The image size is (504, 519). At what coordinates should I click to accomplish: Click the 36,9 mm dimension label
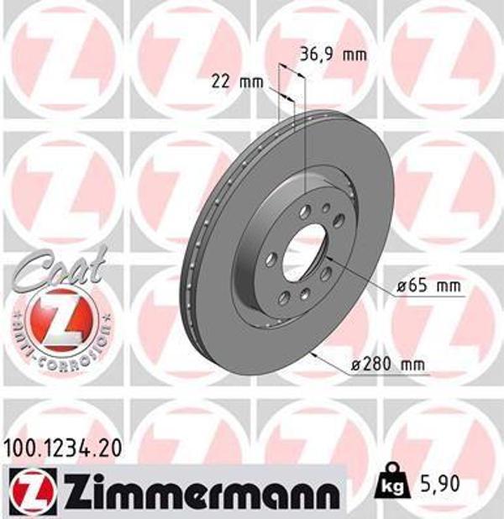tap(333, 55)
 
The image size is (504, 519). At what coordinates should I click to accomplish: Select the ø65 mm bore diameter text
tap(429, 286)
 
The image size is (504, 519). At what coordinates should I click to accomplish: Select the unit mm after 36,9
tap(355, 55)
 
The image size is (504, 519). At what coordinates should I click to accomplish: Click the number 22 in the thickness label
tap(220, 81)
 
